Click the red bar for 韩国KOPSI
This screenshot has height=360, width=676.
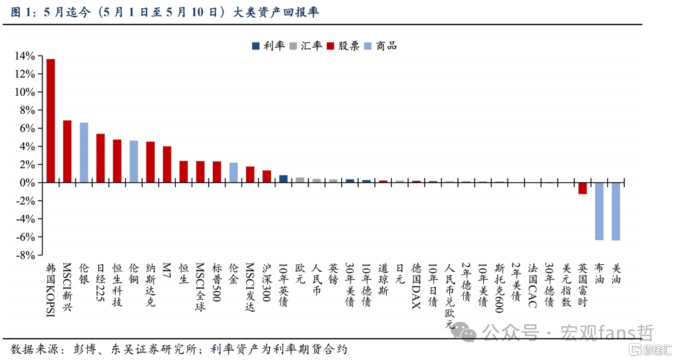coord(51,121)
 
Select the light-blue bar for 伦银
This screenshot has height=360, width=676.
coord(84,153)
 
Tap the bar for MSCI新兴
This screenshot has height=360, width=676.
coord(67,152)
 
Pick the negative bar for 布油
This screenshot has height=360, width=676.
coord(599,211)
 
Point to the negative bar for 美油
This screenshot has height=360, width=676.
coord(616,211)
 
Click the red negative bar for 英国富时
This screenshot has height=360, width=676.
coord(583,188)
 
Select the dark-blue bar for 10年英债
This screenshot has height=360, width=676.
coord(284,179)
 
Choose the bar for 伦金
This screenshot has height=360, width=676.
coord(233,173)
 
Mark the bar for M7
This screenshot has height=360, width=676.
coord(167,165)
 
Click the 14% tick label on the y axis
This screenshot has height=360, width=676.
coord(24,56)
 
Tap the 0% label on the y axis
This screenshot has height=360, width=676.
coord(28,183)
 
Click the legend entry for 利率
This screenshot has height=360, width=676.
coord(269,46)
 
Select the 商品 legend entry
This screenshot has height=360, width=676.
coord(381,46)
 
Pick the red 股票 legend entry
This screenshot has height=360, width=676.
coord(343,46)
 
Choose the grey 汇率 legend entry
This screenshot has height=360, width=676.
coord(305,46)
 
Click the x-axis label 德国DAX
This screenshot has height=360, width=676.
coord(416,286)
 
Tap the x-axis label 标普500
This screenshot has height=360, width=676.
coord(217,283)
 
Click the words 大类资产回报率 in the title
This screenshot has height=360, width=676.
coord(276,12)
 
